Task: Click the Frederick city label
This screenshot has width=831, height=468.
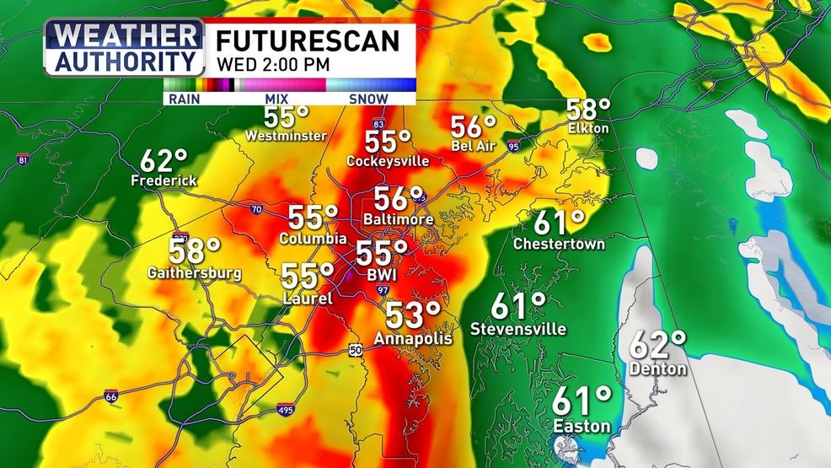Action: (x=164, y=181)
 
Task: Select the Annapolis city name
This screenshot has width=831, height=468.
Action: (x=413, y=339)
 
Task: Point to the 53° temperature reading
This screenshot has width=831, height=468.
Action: (x=413, y=316)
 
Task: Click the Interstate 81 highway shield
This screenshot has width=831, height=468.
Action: (x=23, y=159)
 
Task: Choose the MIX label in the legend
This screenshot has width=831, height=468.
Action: (x=276, y=99)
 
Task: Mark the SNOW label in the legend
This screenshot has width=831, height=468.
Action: (x=368, y=99)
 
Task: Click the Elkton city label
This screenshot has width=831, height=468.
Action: (x=587, y=129)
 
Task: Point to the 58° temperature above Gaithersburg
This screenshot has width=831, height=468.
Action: (x=194, y=251)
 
